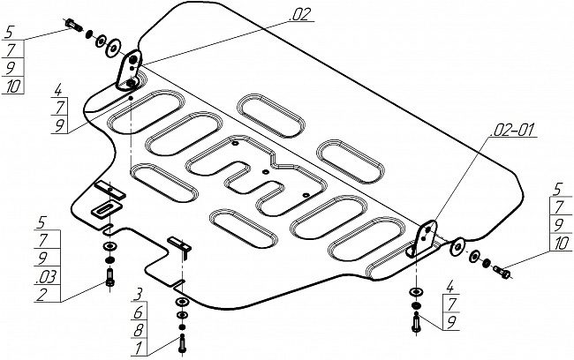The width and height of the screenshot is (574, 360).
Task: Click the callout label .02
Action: (299, 14)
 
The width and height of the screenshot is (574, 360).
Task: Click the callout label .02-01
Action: (514, 130)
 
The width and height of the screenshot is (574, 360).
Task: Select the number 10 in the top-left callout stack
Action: (13, 86)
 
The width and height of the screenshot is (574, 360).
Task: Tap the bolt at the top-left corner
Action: (74, 25)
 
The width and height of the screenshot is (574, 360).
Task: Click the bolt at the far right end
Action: (502, 272)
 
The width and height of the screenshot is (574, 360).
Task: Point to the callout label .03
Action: (47, 276)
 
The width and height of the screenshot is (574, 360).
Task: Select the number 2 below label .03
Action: (42, 294)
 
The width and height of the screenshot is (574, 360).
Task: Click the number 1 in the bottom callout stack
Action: (138, 348)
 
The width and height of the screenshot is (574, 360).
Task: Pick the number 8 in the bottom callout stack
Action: (138, 330)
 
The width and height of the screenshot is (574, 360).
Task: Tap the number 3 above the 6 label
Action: (138, 295)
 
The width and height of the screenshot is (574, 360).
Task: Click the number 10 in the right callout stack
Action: (561, 244)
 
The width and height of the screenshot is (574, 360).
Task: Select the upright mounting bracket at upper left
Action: (129, 71)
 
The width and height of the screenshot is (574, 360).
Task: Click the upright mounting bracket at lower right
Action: (422, 238)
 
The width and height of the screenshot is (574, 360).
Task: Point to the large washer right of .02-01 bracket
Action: (457, 247)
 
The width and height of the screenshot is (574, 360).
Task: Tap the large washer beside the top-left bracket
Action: (114, 48)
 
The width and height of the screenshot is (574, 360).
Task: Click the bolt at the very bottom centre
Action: (182, 344)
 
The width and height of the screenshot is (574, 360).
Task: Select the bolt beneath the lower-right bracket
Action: (416, 323)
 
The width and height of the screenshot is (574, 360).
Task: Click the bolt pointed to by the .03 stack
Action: (110, 278)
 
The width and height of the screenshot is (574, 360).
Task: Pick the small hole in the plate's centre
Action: (266, 171)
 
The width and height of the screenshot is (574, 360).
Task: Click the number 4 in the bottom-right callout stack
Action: (449, 287)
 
